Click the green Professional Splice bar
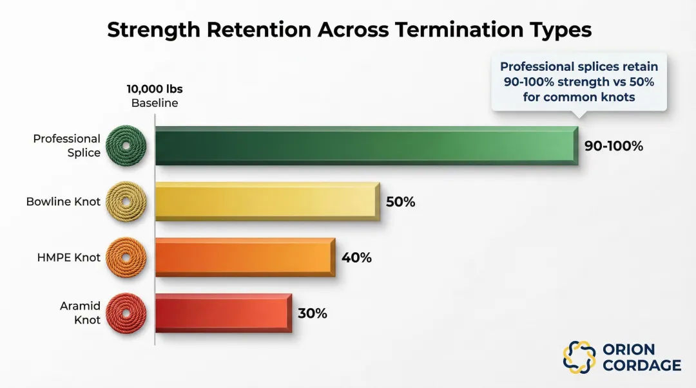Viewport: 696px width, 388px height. [367, 146]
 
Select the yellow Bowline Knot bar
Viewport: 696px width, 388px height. [267, 202]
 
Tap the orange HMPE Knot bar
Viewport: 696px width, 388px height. [246, 257]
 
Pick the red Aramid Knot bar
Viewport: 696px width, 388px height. [224, 313]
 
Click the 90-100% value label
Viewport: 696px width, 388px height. [614, 146]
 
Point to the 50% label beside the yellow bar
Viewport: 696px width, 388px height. [400, 202]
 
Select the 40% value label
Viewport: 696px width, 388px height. [356, 257]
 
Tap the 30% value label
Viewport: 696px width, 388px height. [313, 313]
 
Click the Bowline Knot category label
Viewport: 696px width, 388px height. [63, 202]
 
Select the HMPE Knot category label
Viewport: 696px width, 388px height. [69, 257]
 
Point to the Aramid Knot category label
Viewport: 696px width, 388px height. [81, 313]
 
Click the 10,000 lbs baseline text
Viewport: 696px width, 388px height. [155, 89]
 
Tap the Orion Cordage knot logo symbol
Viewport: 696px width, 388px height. [579, 357]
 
